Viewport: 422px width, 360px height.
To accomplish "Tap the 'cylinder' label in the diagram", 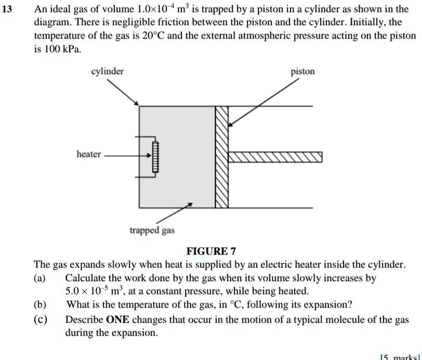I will coord(108,71).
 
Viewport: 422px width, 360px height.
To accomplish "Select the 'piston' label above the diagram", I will coord(302,71).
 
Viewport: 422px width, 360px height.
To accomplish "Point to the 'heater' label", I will coord(89,154).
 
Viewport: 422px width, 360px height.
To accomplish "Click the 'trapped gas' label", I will coord(153,230).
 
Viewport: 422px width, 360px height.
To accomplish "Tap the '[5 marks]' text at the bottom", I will coord(400,357).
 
